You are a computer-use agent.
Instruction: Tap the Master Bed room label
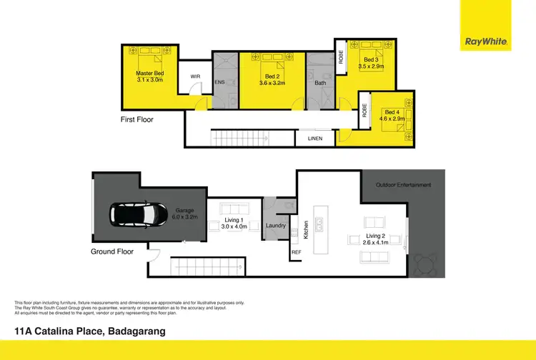click(x=151, y=73)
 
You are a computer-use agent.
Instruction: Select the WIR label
click(x=195, y=77)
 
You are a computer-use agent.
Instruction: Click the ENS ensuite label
click(x=219, y=82)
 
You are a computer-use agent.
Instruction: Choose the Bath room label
click(x=320, y=82)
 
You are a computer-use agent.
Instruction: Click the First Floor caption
click(x=137, y=119)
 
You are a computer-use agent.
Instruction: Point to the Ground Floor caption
click(x=113, y=251)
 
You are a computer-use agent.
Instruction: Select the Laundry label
click(x=276, y=226)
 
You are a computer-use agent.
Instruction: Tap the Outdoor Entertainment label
click(x=403, y=185)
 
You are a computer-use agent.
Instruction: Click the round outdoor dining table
click(x=427, y=266)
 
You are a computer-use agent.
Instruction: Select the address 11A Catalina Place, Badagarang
click(x=90, y=331)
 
